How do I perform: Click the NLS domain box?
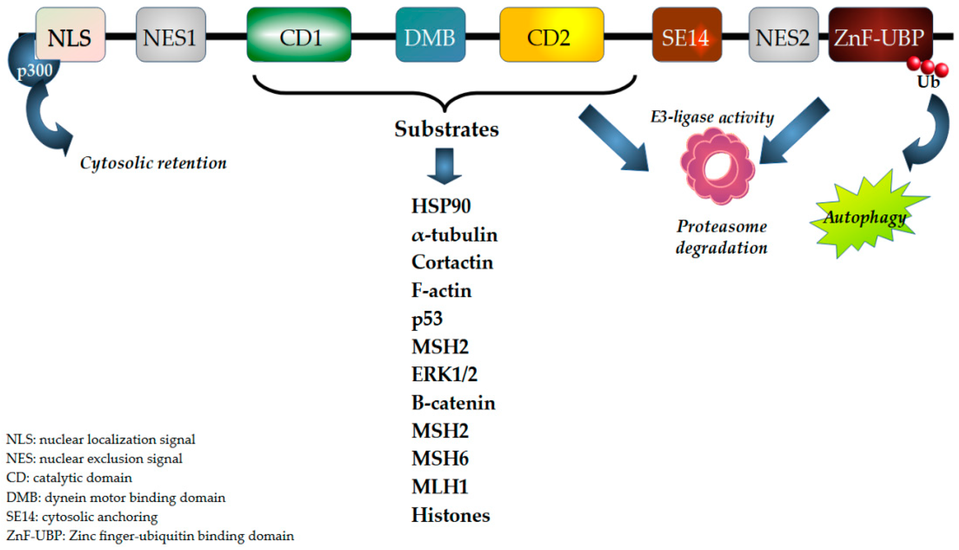tap(70, 35)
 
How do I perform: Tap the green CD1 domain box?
tap(299, 35)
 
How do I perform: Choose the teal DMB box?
tap(430, 35)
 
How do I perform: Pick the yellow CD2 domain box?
tap(551, 35)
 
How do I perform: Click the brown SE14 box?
tap(687, 35)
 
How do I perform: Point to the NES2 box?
tap(784, 35)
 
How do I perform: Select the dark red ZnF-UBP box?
tap(880, 35)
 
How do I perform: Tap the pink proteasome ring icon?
tap(717, 166)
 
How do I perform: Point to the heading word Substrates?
tap(447, 129)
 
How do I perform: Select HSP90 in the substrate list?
tap(441, 206)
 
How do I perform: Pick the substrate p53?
tap(427, 318)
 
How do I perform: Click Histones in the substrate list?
tap(450, 515)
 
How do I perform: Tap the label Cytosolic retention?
tap(153, 163)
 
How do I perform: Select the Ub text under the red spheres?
tap(928, 81)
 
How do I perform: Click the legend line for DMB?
tap(116, 498)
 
